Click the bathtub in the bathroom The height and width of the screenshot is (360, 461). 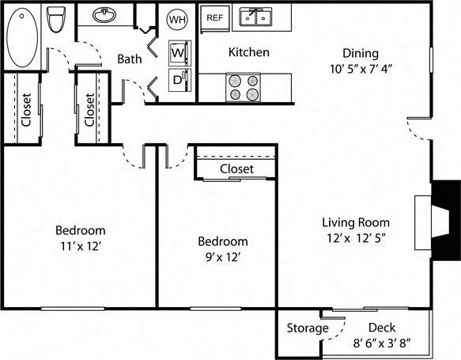point(26,37)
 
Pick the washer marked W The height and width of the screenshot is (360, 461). point(179,52)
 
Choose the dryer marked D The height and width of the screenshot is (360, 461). point(178,79)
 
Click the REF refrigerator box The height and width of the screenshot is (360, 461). point(214,17)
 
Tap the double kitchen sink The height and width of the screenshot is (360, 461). point(255,17)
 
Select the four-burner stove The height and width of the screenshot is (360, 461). point(244,87)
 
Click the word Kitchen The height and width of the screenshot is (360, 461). point(248,52)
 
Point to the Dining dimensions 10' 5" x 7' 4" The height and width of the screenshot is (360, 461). point(361,68)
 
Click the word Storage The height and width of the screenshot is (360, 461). point(308,328)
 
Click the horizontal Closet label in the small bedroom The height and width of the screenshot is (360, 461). point(236,169)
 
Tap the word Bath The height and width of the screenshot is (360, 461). point(130,59)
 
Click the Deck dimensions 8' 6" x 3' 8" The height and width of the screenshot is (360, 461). point(381,343)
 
